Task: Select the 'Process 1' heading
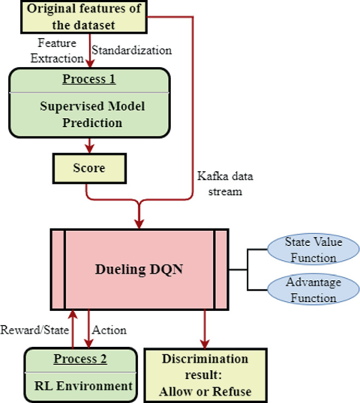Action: [89, 79]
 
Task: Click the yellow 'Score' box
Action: [89, 169]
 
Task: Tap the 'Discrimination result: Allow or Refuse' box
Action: [205, 375]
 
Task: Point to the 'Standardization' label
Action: [131, 50]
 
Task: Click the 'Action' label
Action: [109, 330]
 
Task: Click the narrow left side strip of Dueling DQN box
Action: [58, 269]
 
